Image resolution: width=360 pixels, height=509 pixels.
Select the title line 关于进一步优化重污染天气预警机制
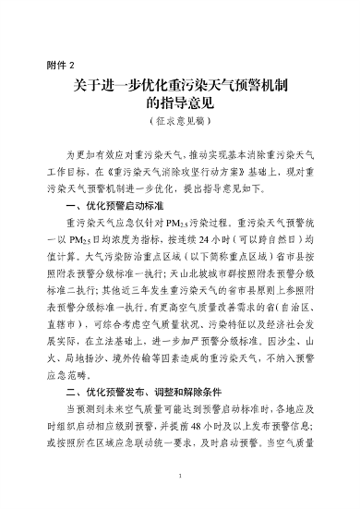[x=180, y=88]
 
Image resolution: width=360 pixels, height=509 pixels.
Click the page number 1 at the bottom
[x=180, y=478]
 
